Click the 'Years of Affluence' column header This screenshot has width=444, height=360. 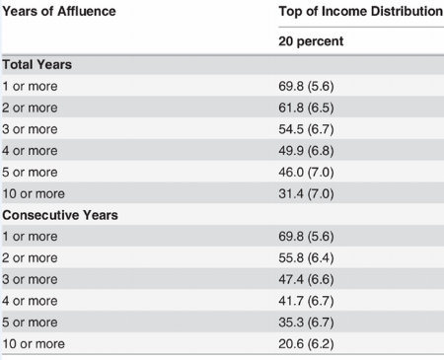(x=59, y=12)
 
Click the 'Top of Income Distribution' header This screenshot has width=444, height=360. (x=361, y=12)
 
